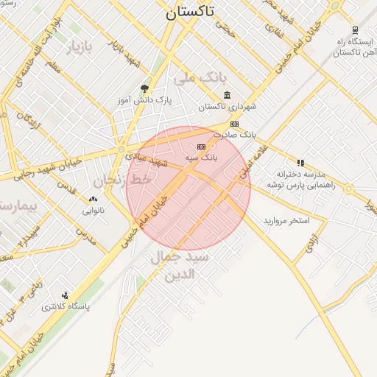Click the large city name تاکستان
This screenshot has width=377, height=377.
tap(190, 12)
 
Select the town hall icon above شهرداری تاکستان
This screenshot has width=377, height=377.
tap(226, 95)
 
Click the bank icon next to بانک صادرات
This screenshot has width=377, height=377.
tap(234, 124)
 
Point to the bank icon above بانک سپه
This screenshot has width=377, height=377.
tap(201, 147)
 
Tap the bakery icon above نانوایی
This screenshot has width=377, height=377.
tap(93, 200)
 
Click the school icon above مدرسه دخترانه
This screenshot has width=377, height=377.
tap(300, 163)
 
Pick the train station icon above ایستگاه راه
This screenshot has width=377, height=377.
tap(356, 30)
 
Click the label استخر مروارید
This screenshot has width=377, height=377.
tap(286, 221)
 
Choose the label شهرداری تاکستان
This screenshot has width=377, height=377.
tap(228, 107)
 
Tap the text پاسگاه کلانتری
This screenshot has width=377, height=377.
tap(65, 306)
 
